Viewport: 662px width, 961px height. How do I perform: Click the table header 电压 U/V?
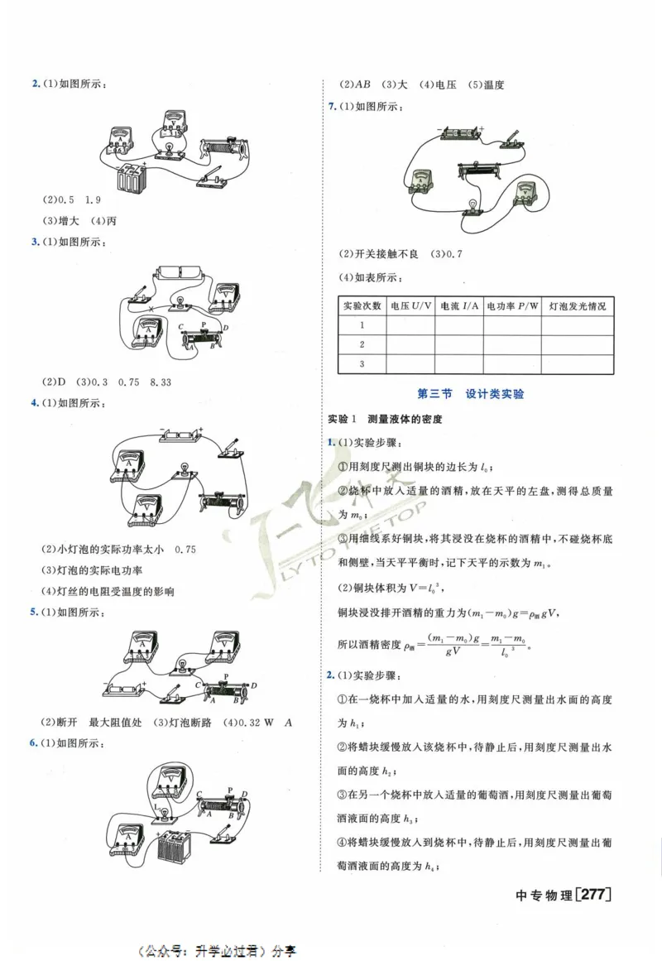pos(410,306)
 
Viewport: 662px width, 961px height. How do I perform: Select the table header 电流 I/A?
pos(459,306)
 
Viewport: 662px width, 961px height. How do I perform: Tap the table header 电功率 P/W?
pos(512,306)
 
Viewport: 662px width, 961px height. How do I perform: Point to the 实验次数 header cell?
pos(362,306)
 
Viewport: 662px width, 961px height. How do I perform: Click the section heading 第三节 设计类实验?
pos(472,395)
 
